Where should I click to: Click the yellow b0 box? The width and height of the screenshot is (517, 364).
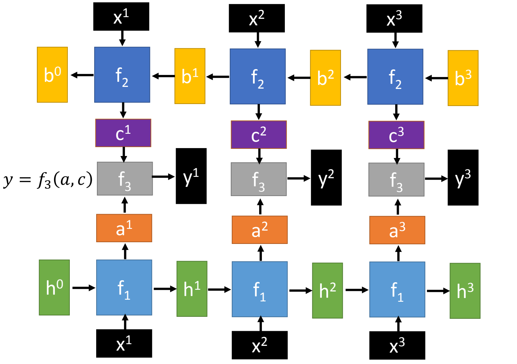tap(52, 75)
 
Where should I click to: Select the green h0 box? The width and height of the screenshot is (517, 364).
tap(54, 287)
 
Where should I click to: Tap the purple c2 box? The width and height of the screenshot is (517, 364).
tap(258, 134)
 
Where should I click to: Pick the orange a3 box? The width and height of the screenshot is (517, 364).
tap(397, 230)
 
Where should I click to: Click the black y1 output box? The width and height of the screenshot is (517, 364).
tap(191, 176)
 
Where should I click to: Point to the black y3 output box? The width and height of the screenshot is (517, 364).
tap(463, 178)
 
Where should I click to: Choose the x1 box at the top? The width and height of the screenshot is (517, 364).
tap(121, 16)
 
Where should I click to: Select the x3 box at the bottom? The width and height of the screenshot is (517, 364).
tap(397, 345)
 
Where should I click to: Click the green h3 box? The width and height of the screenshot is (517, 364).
tap(465, 291)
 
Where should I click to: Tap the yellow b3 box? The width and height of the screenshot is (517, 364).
tap(463, 78)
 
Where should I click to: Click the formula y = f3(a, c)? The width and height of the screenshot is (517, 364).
tap(48, 180)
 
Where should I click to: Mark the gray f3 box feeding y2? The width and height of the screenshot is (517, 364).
tap(258, 179)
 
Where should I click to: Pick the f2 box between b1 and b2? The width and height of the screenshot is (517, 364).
tap(257, 76)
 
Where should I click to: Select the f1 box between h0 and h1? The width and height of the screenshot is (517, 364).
tap(124, 287)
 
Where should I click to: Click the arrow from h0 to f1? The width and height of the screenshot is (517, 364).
tap(84, 288)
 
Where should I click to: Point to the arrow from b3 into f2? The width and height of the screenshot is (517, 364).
tap(436, 78)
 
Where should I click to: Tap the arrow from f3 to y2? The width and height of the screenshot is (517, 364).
tap(299, 178)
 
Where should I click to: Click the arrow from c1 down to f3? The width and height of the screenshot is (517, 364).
tap(124, 154)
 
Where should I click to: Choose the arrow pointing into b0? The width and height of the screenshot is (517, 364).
tap(82, 75)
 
